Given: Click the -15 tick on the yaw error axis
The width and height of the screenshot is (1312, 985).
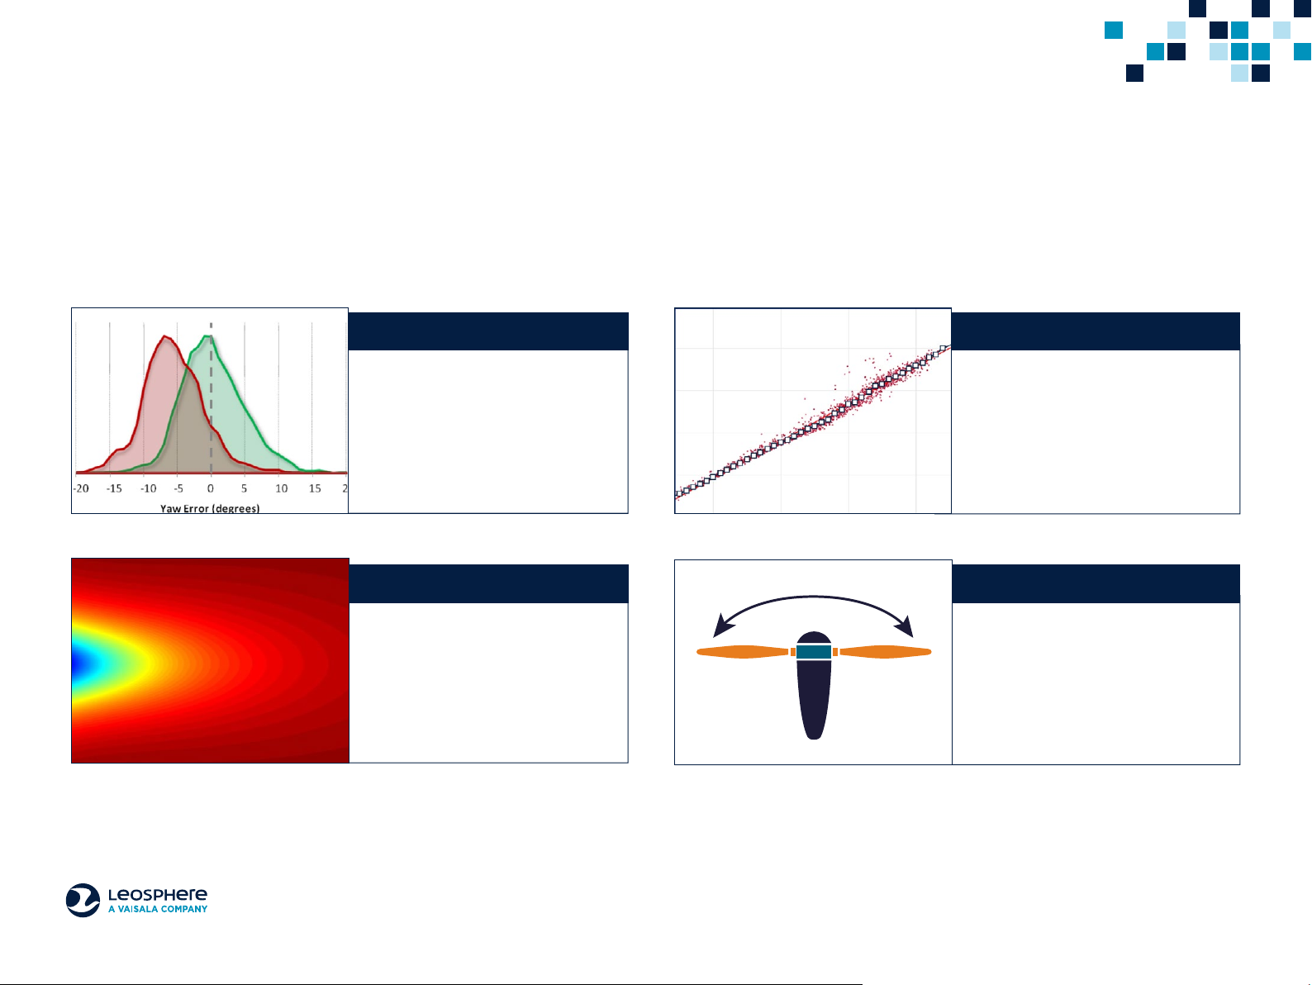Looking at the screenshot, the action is click(114, 489).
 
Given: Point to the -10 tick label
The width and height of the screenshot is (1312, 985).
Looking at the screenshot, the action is click(148, 489).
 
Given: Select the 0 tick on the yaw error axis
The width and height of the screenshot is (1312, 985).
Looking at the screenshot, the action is click(211, 489).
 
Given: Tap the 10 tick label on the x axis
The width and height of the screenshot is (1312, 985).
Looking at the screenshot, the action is click(282, 489).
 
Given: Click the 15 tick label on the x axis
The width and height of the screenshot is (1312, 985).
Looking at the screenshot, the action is click(315, 489).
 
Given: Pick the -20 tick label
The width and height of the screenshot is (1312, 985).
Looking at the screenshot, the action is click(81, 489).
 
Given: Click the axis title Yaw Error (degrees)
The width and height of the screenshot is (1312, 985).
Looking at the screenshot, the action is click(210, 509).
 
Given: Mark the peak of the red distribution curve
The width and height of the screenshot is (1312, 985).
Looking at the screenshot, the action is click(165, 337).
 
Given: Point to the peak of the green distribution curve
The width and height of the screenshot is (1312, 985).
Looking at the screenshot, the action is click(207, 336).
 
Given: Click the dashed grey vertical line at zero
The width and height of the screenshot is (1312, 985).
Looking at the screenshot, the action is click(211, 398).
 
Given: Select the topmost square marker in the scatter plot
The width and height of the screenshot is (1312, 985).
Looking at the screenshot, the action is click(944, 349).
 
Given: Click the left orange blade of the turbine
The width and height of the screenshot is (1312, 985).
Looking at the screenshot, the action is click(743, 652).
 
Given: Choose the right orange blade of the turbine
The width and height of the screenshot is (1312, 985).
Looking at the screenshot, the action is click(885, 652).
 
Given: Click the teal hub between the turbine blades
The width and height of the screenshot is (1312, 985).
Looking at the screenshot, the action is click(814, 651).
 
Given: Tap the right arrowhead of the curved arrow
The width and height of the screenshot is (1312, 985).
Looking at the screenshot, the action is click(904, 626).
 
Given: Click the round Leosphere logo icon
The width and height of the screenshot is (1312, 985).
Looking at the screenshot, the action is click(83, 900).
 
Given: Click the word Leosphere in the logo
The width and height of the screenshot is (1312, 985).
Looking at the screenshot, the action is click(158, 895).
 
